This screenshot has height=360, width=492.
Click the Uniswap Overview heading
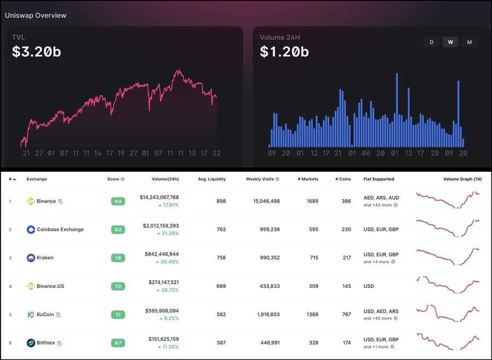pos(36,15)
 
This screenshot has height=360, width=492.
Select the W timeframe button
pos(450,42)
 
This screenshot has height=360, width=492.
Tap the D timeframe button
pos(431,42)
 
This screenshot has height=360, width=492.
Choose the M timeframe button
pos(469,42)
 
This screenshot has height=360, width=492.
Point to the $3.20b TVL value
pos(36,52)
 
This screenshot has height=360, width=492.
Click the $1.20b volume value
pos(284,52)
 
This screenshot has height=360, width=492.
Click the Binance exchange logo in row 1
pos(31,201)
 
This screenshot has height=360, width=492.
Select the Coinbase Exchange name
pos(60,229)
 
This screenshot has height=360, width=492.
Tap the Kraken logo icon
pos(31,258)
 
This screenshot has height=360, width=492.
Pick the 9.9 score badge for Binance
pos(118,201)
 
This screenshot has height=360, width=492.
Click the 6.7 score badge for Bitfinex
pos(118,343)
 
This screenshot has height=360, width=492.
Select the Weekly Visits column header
pos(260,179)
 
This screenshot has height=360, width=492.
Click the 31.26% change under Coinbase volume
pos(168,233)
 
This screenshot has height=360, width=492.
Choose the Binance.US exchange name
pos(50,286)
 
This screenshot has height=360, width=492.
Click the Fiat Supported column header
pos(378,179)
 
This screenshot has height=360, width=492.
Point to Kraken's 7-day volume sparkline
pos(447,257)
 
